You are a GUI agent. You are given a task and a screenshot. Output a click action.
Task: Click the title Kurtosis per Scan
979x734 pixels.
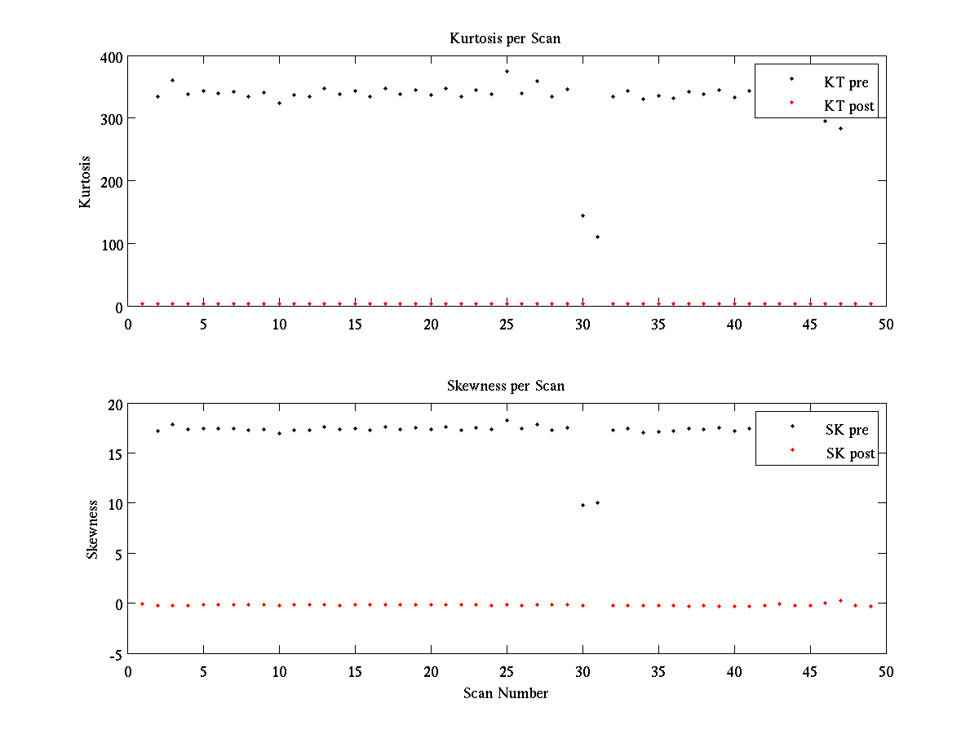pyautogui.click(x=505, y=38)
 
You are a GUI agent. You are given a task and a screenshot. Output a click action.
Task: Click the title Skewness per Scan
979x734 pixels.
pyautogui.click(x=505, y=386)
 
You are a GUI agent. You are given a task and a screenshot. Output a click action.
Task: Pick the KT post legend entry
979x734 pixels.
pyautogui.click(x=849, y=106)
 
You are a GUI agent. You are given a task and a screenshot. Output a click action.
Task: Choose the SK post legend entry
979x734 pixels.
pyautogui.click(x=849, y=453)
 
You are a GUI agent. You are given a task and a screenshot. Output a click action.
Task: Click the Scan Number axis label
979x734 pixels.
pyautogui.click(x=506, y=693)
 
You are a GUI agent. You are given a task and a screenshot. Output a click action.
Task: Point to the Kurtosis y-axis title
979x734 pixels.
pyautogui.click(x=85, y=182)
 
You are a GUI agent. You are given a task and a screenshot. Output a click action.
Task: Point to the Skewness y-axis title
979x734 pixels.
pyautogui.click(x=93, y=529)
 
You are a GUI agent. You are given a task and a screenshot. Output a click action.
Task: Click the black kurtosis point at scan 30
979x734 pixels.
pyautogui.click(x=583, y=215)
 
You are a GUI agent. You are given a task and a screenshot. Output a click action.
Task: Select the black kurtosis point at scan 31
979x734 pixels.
pyautogui.click(x=597, y=237)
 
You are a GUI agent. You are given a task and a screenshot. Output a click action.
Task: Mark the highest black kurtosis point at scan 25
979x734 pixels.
pyautogui.click(x=507, y=71)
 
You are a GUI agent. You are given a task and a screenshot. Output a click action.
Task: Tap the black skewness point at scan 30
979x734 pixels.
pyautogui.click(x=583, y=505)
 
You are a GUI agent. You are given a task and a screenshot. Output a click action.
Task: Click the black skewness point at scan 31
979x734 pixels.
pyautogui.click(x=597, y=502)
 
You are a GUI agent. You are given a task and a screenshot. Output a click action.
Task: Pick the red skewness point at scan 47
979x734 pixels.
pyautogui.click(x=840, y=600)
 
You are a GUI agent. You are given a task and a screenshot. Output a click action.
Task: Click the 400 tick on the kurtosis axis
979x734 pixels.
pyautogui.click(x=112, y=57)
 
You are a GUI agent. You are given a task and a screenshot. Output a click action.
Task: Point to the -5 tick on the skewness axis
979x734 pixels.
pyautogui.click(x=115, y=654)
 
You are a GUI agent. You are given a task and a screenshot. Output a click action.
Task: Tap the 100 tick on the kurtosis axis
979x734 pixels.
pyautogui.click(x=112, y=244)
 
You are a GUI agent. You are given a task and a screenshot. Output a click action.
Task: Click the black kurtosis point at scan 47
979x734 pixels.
pyautogui.click(x=840, y=128)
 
